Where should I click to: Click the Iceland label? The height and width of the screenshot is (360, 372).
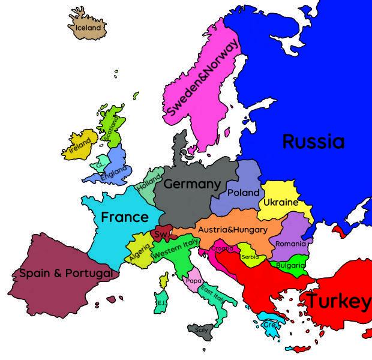(x=88, y=28)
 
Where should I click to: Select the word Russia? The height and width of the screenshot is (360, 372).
(x=313, y=142)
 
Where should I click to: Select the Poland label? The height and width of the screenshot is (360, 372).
(x=244, y=193)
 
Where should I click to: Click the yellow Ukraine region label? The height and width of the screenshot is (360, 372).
(x=281, y=203)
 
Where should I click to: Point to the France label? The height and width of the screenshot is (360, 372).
(x=124, y=217)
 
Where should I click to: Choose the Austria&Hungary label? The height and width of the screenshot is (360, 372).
(x=232, y=230)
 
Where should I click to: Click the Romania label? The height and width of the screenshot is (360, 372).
(x=290, y=244)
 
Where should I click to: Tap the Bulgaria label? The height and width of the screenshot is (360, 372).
(x=291, y=265)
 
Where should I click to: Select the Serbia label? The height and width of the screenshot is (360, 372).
(x=250, y=257)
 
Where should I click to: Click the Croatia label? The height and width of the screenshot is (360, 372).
(x=223, y=248)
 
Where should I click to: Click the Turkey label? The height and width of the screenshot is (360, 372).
(x=338, y=301)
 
